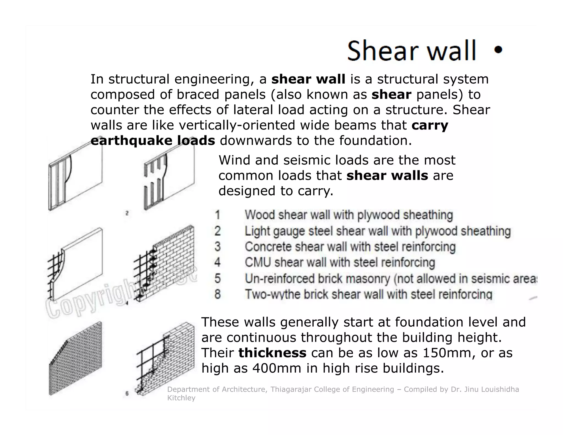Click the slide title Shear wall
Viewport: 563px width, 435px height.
(x=411, y=51)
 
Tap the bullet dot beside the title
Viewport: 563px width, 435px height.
(x=498, y=50)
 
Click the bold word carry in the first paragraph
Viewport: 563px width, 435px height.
(x=430, y=125)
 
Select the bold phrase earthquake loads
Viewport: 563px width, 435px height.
(x=153, y=141)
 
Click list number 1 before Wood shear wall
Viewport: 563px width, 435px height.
(x=218, y=215)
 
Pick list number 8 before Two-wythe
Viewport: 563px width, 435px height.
(x=218, y=294)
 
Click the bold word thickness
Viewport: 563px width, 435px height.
(x=272, y=353)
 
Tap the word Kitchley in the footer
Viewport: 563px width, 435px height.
(x=181, y=398)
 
